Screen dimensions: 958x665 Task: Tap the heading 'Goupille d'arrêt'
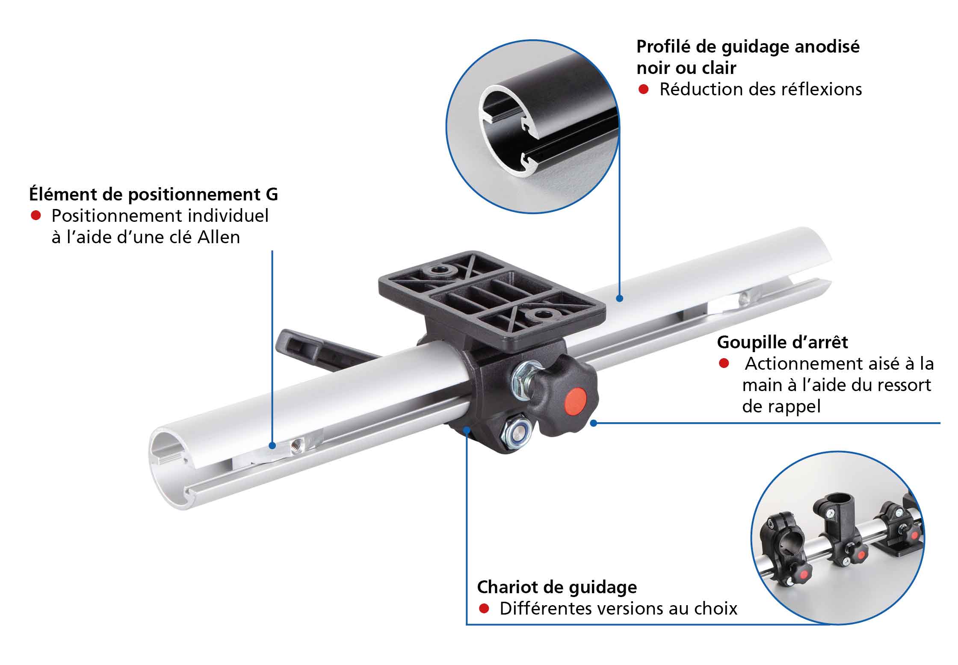click(783, 342)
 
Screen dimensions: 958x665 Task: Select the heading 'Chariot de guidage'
click(557, 588)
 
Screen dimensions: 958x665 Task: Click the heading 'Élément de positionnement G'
click(154, 194)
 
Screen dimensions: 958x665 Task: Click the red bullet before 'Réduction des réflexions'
click(644, 89)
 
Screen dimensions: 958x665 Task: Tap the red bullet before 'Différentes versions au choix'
click(484, 609)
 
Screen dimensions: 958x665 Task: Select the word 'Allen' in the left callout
click(219, 237)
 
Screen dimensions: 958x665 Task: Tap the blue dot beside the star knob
click(593, 423)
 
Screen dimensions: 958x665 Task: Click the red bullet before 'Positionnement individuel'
click(36, 215)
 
